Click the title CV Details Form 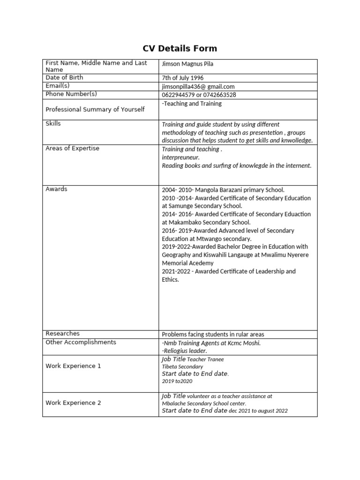tap(180, 48)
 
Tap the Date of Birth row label tap(64, 77)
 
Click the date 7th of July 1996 tap(183, 78)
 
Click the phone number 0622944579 tap(178, 95)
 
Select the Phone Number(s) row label tap(71, 94)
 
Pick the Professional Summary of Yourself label tap(95, 109)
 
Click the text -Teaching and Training tap(192, 104)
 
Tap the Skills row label tap(53, 123)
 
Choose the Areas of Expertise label tap(72, 148)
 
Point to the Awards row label tap(56, 189)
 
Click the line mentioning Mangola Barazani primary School tap(223, 190)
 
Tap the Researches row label tap(63, 333)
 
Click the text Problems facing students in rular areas tap(213, 334)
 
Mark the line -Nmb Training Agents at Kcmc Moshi tap(211, 343)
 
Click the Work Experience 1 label tap(73, 366)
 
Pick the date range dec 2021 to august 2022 tap(258, 411)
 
